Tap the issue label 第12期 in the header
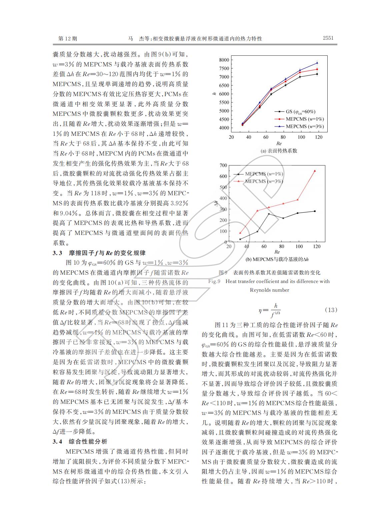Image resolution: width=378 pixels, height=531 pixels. click(x=68, y=38)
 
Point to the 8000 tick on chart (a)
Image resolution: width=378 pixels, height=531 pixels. click(x=224, y=60)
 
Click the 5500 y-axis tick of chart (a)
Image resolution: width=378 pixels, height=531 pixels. click(x=224, y=102)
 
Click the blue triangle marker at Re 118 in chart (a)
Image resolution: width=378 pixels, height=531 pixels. click(x=317, y=63)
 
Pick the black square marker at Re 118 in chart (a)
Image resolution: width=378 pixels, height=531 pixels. click(x=317, y=74)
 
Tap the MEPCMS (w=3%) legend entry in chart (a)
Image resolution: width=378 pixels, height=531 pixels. click(x=304, y=126)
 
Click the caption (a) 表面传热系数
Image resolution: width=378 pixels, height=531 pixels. click(x=279, y=151)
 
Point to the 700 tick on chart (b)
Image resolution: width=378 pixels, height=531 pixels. click(x=223, y=165)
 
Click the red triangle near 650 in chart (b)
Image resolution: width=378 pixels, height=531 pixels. click(x=315, y=171)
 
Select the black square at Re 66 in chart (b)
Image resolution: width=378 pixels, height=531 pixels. click(x=269, y=214)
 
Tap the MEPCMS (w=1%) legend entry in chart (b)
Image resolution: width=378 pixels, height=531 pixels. click(x=264, y=174)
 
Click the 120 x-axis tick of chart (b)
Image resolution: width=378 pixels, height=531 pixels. click(x=317, y=247)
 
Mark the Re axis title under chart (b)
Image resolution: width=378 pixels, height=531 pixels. click(x=277, y=252)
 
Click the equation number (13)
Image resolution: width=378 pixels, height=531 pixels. click(x=331, y=310)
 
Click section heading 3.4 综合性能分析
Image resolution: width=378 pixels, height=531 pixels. click(x=80, y=442)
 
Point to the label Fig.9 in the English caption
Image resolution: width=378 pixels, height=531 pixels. click(x=214, y=281)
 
